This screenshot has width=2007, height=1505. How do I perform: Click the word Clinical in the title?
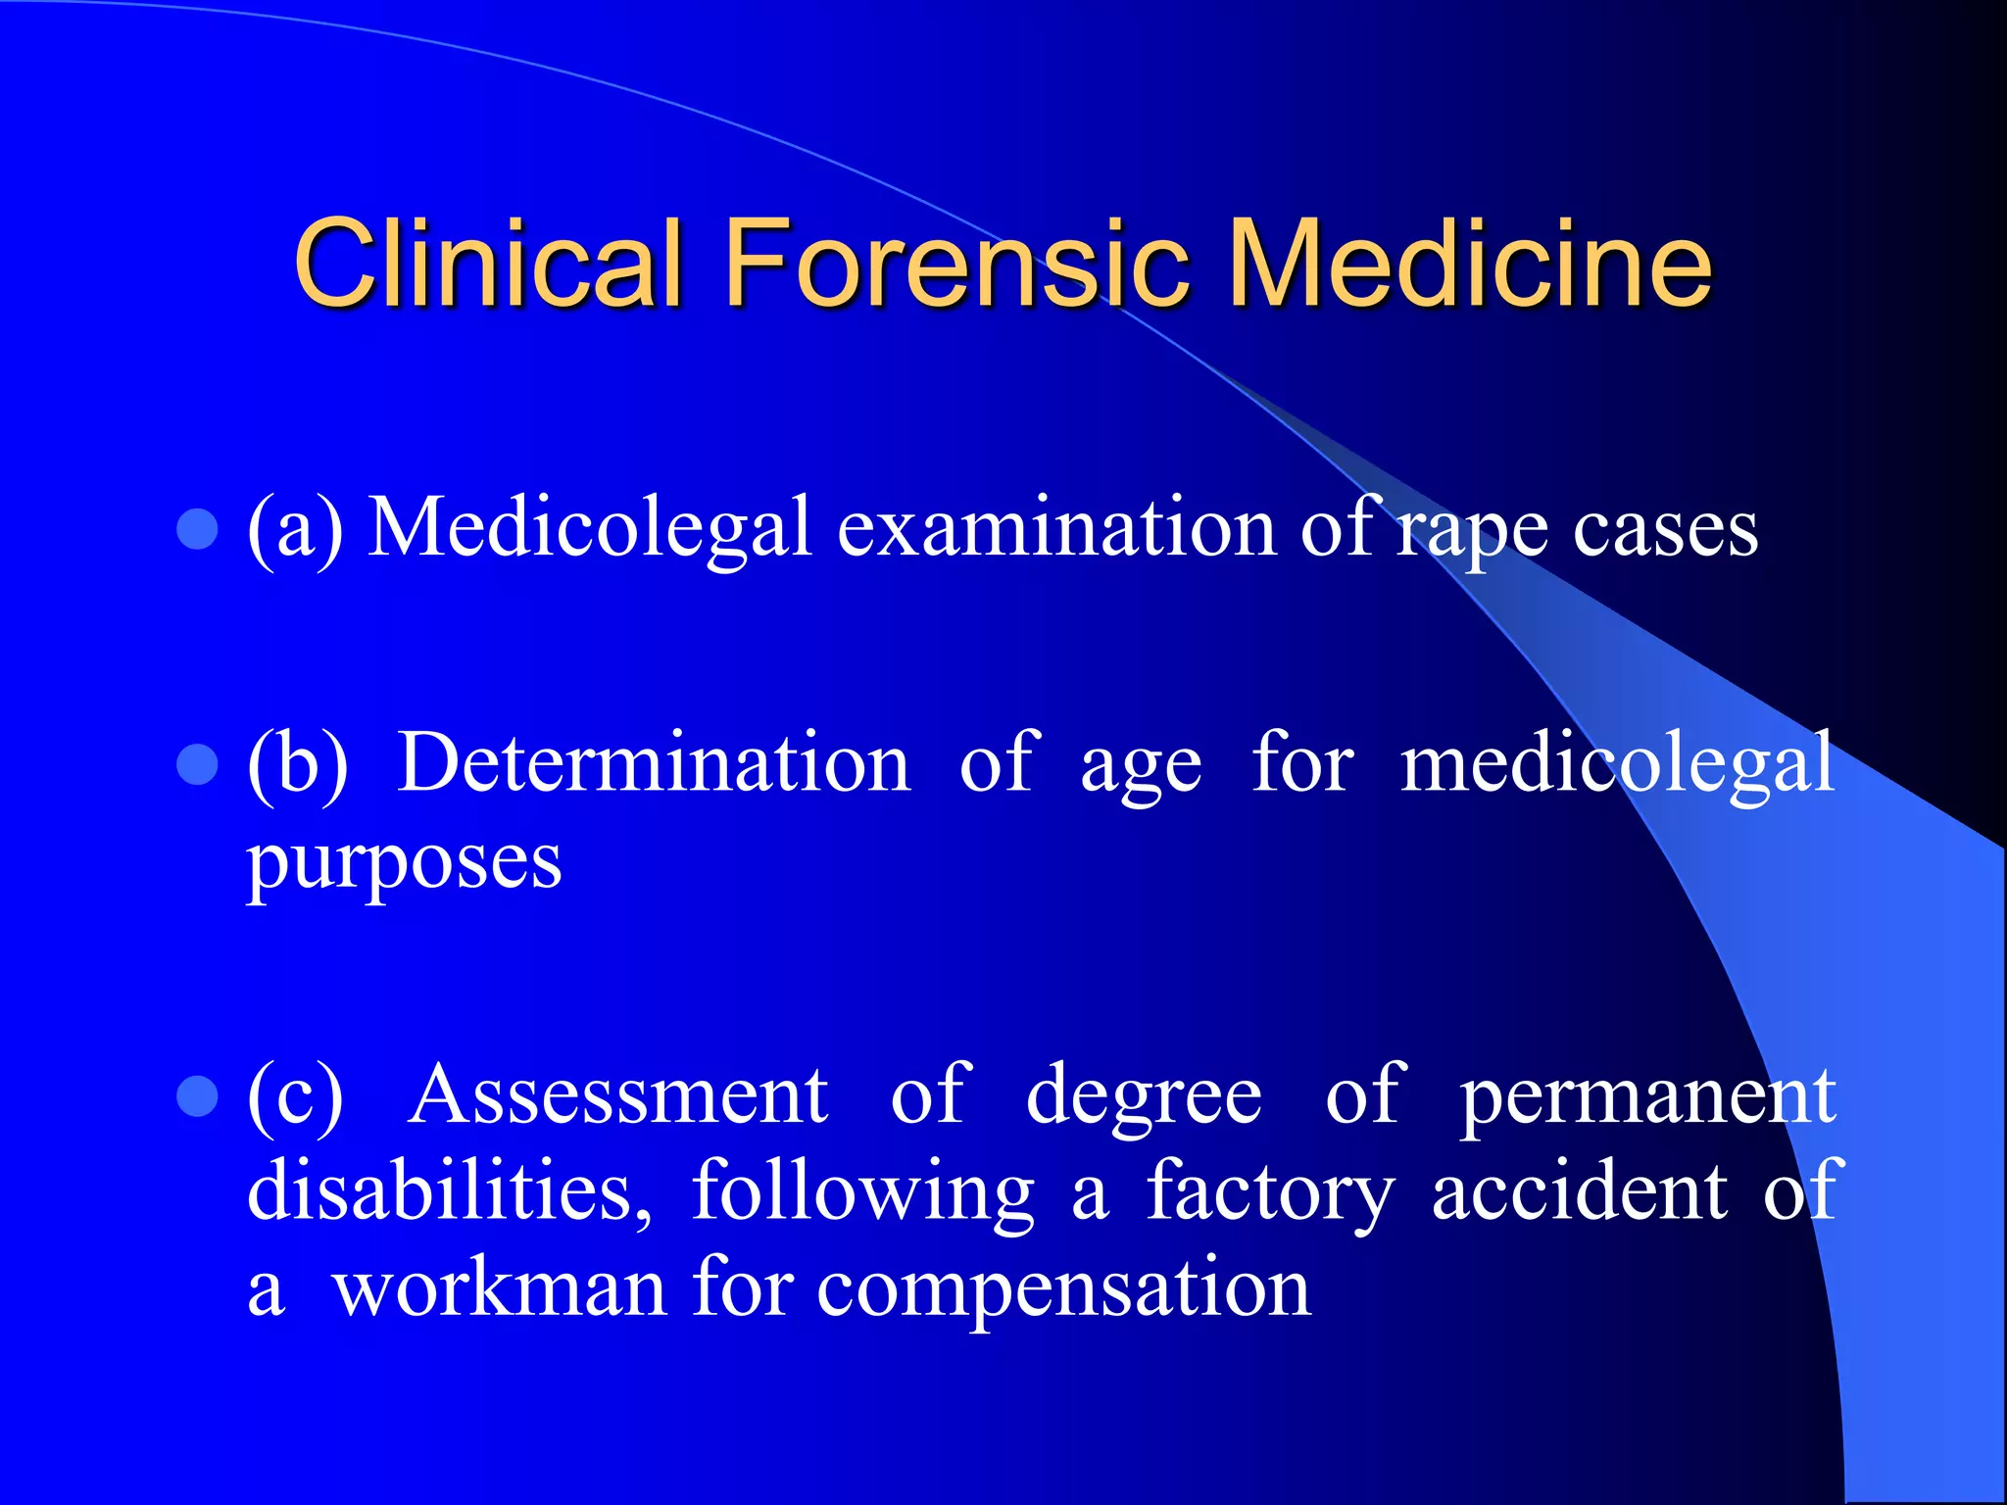pyautogui.click(x=487, y=263)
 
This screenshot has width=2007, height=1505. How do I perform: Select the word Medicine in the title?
pyautogui.click(x=1469, y=263)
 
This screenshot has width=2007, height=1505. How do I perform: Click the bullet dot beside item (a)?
pyautogui.click(x=197, y=530)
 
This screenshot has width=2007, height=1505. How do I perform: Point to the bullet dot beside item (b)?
pyautogui.click(x=197, y=765)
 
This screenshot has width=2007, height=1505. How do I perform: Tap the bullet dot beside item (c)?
pyautogui.click(x=197, y=1097)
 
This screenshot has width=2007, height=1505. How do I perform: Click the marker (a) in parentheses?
pyautogui.click(x=295, y=530)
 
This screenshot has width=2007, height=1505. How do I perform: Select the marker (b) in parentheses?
pyautogui.click(x=297, y=764)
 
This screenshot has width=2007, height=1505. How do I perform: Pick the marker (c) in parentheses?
pyautogui.click(x=295, y=1096)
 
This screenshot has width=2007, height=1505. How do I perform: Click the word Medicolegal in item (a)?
pyautogui.click(x=590, y=529)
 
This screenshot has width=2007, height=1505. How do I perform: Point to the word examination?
pyautogui.click(x=1056, y=529)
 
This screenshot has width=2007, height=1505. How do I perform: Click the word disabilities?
pyautogui.click(x=449, y=1192)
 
